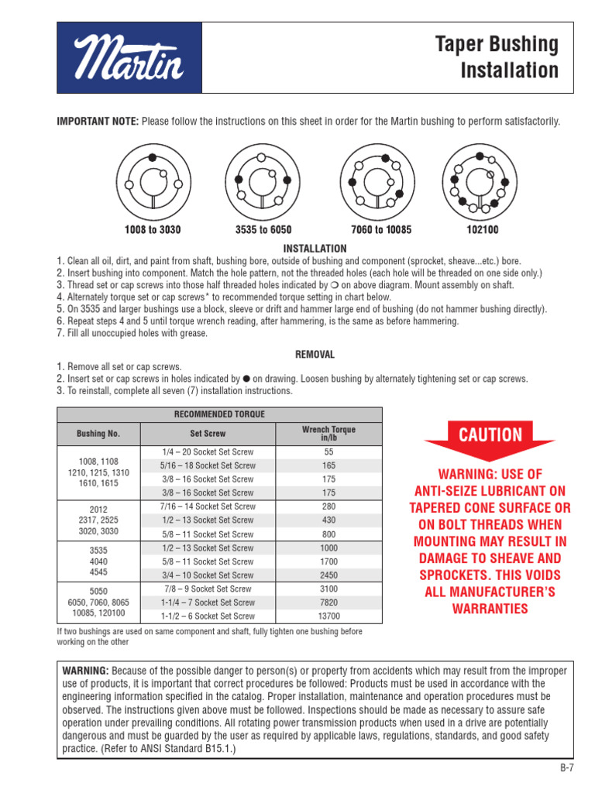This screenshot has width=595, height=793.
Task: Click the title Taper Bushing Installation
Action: [x=509, y=58]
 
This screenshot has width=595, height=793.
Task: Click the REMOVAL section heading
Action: [x=315, y=354]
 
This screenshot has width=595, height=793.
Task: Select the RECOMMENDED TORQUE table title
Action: [x=219, y=414]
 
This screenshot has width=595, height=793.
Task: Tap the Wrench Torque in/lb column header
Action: [x=328, y=433]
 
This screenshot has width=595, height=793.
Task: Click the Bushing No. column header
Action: [x=98, y=434]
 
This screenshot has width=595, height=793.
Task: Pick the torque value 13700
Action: [x=328, y=616]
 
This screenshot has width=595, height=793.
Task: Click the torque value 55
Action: [x=328, y=452]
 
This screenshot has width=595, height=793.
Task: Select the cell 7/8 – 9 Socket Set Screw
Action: [x=208, y=589]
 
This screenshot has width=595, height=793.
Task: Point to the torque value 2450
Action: [x=328, y=575]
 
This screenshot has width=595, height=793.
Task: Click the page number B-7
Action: [x=567, y=768]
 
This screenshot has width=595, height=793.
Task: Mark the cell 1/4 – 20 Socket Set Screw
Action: [x=208, y=452]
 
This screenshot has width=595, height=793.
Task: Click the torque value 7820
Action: [x=328, y=602]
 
